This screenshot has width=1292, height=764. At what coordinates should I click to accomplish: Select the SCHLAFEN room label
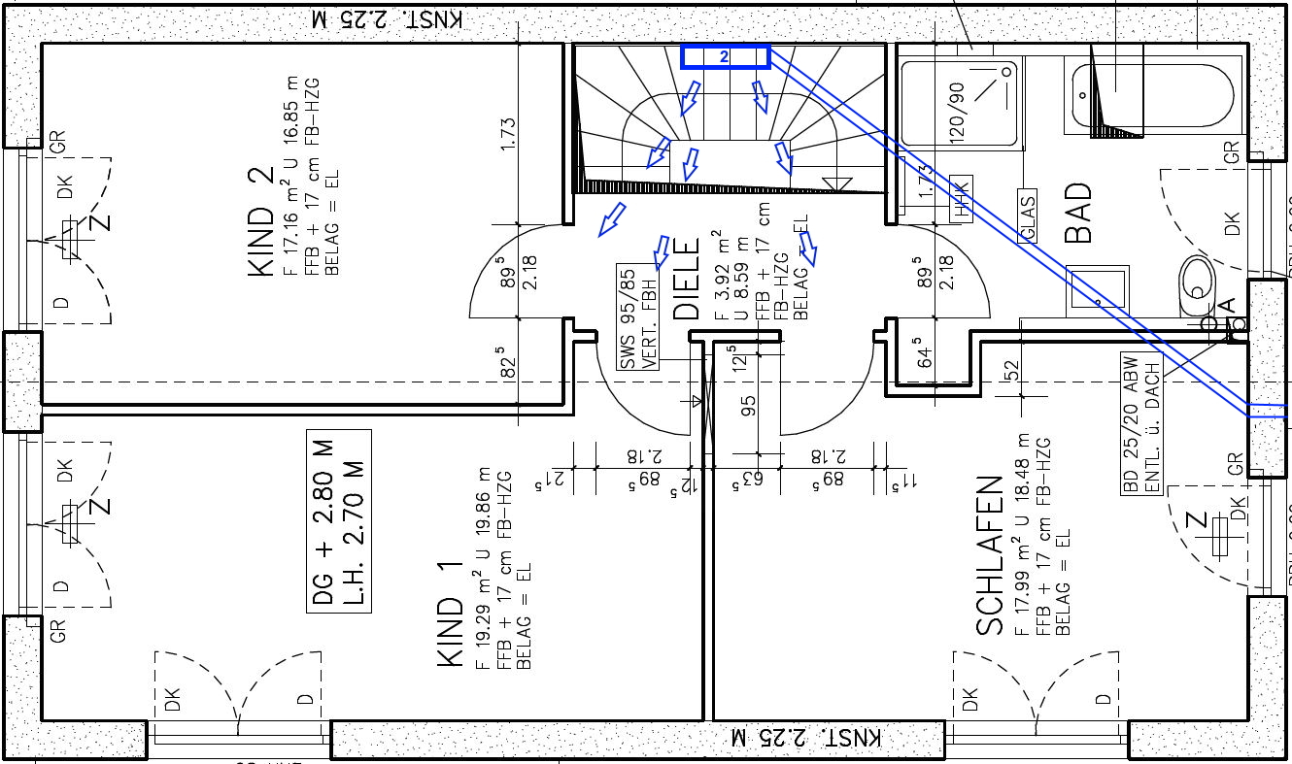(x=989, y=555)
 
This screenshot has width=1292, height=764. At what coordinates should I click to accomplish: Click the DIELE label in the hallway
(x=687, y=281)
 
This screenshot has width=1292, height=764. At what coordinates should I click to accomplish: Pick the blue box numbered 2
(x=725, y=58)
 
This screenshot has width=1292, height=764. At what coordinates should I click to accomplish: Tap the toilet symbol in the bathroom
(x=1196, y=288)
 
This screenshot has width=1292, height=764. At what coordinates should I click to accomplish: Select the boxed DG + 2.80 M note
(x=339, y=520)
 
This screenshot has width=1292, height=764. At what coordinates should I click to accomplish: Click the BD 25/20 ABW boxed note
(x=1142, y=424)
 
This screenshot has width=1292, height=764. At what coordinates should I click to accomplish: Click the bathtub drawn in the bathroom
(x=1156, y=95)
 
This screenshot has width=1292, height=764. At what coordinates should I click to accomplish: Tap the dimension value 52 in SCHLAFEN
(x=1012, y=369)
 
